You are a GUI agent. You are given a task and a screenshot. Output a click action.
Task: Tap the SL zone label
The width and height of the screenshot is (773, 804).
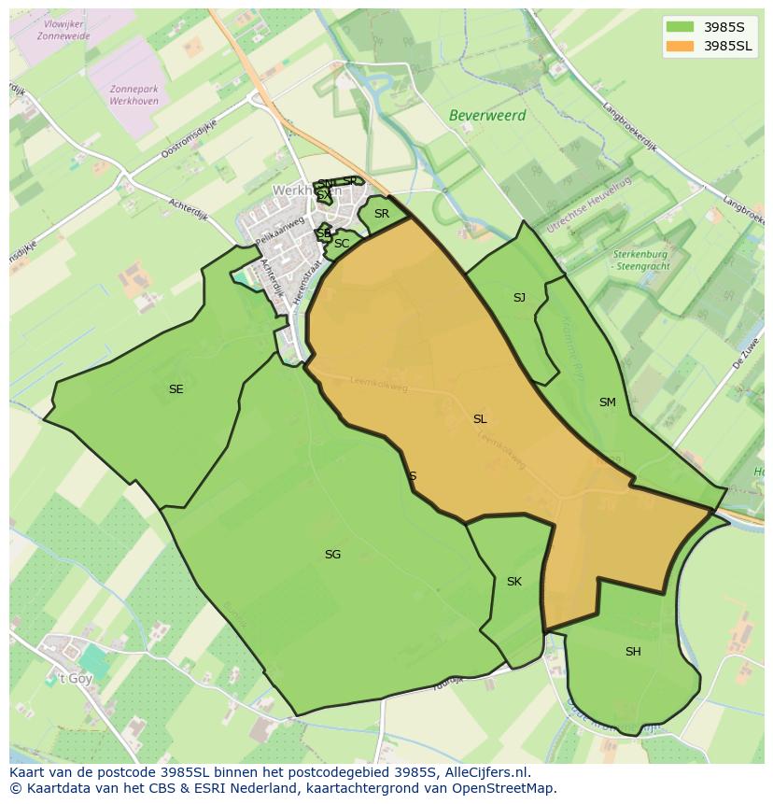click(x=480, y=419)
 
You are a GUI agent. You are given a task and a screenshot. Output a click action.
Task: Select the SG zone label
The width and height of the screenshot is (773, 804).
click(x=332, y=555)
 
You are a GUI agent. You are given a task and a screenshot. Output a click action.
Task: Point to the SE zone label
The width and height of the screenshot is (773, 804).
click(x=176, y=389)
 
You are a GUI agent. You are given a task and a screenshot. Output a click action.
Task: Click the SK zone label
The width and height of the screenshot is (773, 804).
click(x=513, y=582)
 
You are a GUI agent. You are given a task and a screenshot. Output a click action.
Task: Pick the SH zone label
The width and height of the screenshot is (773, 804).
click(x=633, y=652)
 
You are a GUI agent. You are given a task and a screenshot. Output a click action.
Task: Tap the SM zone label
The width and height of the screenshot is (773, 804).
click(x=608, y=402)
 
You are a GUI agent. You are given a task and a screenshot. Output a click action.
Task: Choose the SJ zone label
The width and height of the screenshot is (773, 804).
click(x=519, y=298)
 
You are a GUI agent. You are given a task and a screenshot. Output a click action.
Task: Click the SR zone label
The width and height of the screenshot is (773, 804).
click(x=381, y=214)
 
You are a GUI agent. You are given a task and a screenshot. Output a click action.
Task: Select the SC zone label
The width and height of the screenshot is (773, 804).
click(x=342, y=244)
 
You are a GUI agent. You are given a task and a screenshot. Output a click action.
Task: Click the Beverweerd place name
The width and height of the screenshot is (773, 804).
click(x=487, y=116)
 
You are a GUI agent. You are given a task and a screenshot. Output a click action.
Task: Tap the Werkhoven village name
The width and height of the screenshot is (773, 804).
click(x=297, y=190)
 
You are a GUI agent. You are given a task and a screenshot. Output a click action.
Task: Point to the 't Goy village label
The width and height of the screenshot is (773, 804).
click(x=76, y=679)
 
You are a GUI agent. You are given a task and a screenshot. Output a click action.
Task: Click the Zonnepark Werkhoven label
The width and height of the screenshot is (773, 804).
click(x=134, y=95)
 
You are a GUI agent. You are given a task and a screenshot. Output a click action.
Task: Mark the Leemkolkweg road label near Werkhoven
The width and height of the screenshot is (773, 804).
click(x=379, y=384)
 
